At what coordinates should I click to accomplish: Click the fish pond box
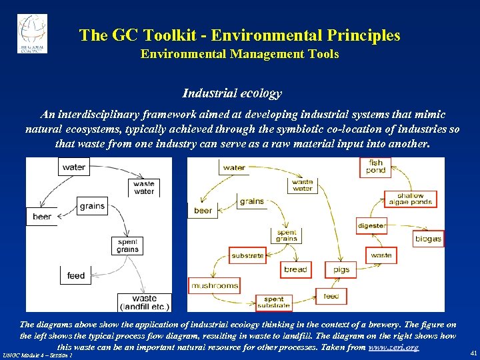(x=376, y=167)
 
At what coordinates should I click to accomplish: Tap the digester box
(x=371, y=225)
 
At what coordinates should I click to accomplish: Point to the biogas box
(x=428, y=239)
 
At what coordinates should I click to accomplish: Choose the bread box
(x=295, y=269)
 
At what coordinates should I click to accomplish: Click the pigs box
(x=341, y=269)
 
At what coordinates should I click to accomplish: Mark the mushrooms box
(x=215, y=286)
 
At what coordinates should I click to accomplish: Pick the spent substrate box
(x=273, y=303)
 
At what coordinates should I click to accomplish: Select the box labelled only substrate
(x=247, y=255)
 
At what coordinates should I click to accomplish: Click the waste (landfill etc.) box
(x=145, y=302)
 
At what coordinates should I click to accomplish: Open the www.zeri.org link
(x=394, y=347)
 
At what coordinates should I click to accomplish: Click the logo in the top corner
(x=32, y=33)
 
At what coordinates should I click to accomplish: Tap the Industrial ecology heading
(x=232, y=94)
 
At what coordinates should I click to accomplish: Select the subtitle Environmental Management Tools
(x=239, y=54)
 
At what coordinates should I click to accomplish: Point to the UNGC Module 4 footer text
(x=37, y=355)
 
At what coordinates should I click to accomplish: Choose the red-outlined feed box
(x=331, y=296)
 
